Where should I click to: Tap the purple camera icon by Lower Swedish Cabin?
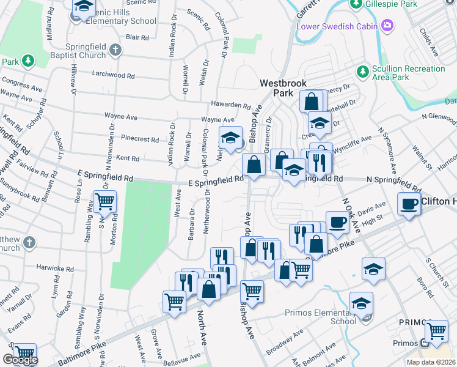pos(386,26)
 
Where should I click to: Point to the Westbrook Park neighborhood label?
pos(283,87)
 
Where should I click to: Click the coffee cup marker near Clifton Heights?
pos(409,204)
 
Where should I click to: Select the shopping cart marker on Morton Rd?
pos(105,201)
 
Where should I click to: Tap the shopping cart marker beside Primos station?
pos(436,330)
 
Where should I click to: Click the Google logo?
pos(20,360)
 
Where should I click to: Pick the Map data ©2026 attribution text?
pos(431,362)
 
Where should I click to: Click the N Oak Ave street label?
pos(351,215)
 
